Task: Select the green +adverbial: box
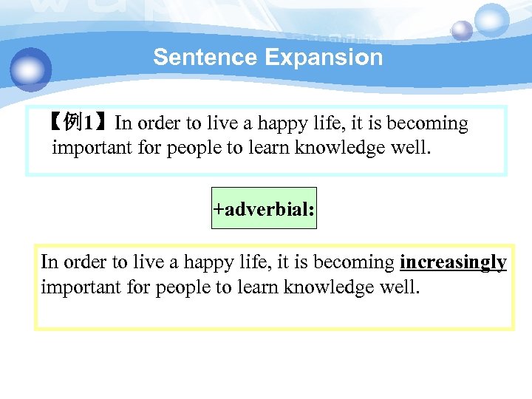point(264,209)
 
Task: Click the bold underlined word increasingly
point(453,262)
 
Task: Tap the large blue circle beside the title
point(31,69)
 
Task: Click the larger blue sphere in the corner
point(492,20)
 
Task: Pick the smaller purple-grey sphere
point(462,31)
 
